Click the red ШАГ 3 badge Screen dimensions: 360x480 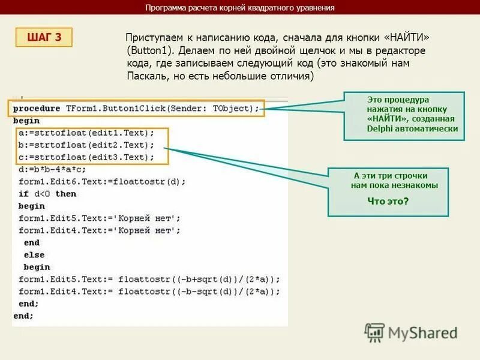(44, 37)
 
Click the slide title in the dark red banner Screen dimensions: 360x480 (240, 8)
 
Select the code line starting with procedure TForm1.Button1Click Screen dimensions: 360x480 (136, 108)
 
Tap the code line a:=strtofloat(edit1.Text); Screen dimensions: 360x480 (86, 133)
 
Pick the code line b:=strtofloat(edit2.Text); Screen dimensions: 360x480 (86, 145)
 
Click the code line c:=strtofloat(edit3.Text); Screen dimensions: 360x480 (86, 157)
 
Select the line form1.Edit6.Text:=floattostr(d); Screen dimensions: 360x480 (102, 181)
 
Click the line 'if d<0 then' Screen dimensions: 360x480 (47, 193)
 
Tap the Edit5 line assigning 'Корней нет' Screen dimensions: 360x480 (99, 218)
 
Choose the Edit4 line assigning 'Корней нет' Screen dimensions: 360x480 (99, 230)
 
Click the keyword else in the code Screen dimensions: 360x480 (34, 255)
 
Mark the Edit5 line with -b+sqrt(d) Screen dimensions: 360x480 (149, 279)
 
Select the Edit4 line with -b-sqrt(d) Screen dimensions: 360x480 (149, 292)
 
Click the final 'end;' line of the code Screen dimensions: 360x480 (23, 316)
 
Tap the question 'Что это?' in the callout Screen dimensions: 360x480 (388, 201)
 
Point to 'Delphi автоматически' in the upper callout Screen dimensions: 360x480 (412, 128)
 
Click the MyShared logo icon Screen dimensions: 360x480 (374, 332)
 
